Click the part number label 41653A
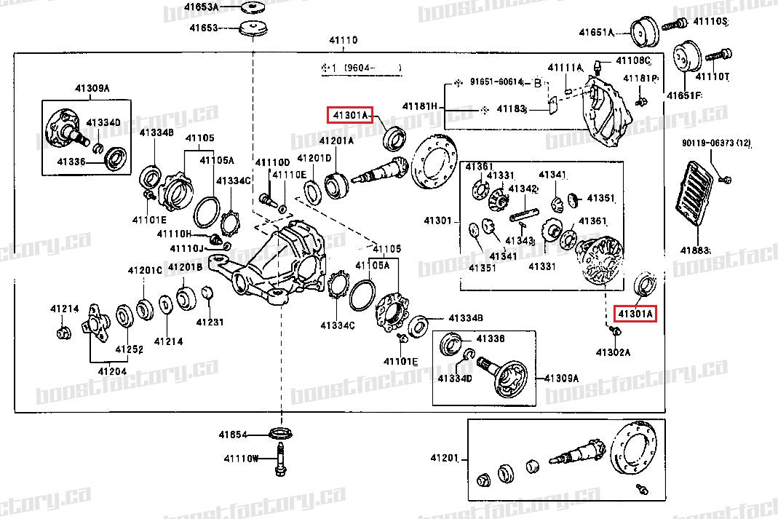(x=201, y=7)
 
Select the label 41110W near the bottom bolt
(x=241, y=459)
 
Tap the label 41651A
(x=596, y=32)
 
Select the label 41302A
(x=613, y=352)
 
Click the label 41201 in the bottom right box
(x=444, y=458)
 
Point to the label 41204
(x=113, y=371)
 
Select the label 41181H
(x=421, y=106)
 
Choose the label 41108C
(x=632, y=60)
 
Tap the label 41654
(x=234, y=435)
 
